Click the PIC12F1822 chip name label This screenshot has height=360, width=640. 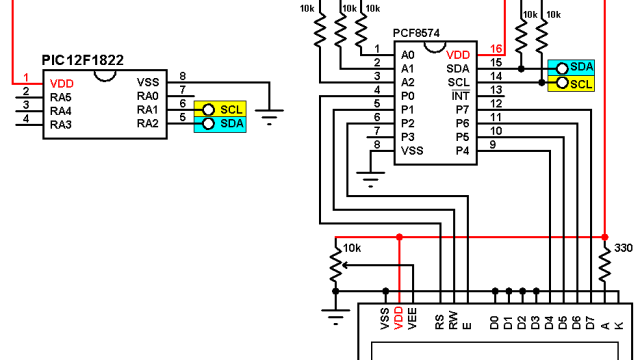tap(82, 60)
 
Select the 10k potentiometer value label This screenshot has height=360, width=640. tap(352, 247)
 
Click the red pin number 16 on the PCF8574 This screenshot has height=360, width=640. tap(496, 48)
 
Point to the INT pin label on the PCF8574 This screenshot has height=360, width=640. tap(461, 95)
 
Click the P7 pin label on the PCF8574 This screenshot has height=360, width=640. tap(462, 109)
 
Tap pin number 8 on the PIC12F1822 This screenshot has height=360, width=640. tap(182, 76)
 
